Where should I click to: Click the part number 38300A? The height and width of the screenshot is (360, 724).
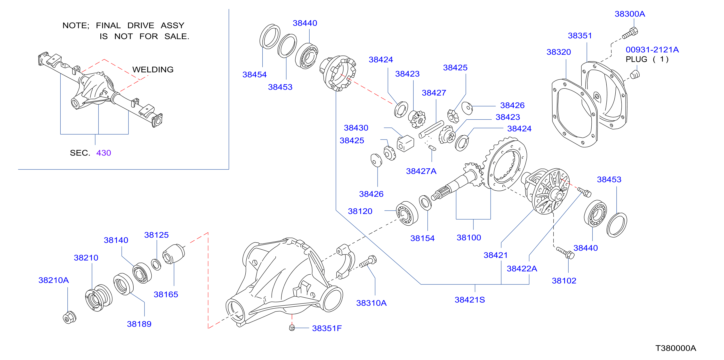tap(630, 14)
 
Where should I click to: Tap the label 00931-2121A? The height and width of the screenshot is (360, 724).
tap(652, 50)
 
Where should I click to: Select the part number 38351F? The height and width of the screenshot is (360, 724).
tap(327, 328)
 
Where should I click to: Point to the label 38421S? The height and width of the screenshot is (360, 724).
tap(470, 300)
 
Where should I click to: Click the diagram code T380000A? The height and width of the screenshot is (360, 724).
tap(676, 348)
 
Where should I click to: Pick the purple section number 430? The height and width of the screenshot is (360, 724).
tap(104, 153)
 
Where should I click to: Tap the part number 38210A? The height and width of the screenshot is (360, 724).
tap(53, 280)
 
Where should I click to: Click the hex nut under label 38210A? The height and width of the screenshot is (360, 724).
tap(69, 318)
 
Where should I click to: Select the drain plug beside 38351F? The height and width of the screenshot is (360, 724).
tap(292, 328)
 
